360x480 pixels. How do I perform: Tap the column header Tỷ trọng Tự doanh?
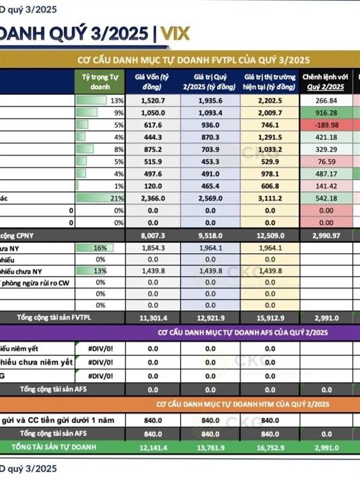(100, 82)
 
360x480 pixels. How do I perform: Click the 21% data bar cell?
(100, 198)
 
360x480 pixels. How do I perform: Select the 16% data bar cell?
(100, 248)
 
